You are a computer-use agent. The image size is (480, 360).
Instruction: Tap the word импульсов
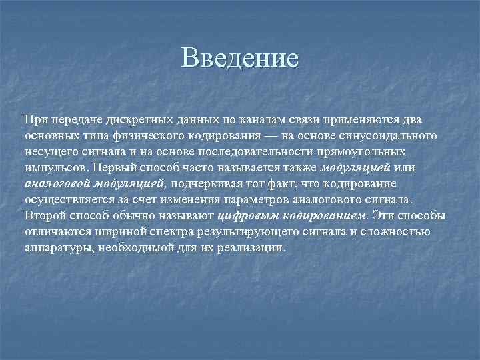(56, 167)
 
